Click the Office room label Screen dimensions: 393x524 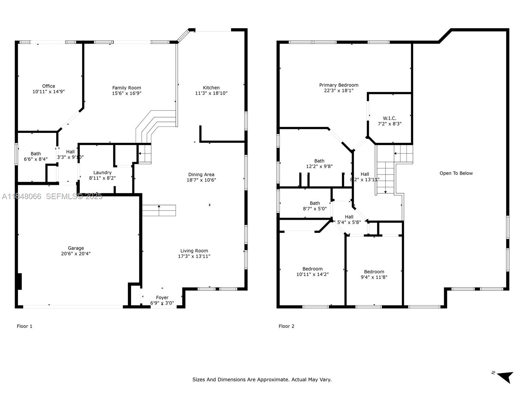pos(48,86)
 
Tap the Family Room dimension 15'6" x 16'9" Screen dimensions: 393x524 pos(126,93)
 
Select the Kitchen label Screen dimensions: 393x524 pos(211,87)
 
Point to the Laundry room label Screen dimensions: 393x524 pos(102,173)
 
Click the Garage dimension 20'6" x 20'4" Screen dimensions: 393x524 pos(76,253)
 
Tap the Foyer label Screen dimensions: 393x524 pos(162,297)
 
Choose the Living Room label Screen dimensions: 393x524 pos(194,251)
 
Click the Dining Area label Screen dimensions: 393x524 pos(201,175)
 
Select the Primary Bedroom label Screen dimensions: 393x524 pos(339,85)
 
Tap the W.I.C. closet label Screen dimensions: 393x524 pos(389,118)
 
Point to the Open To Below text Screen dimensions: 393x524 pos(456,173)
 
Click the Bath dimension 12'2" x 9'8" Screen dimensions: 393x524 pos(319,166)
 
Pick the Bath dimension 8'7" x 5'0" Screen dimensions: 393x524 pos(315,209)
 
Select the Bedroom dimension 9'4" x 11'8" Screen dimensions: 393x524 pos(374,277)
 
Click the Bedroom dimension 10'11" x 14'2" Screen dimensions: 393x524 pos(312,274)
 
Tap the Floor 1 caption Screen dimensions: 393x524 pos(25,326)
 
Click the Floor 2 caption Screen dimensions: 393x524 pos(286,326)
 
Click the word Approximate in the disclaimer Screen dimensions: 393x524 pos(272,380)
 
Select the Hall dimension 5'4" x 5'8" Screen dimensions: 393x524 pos(349,222)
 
